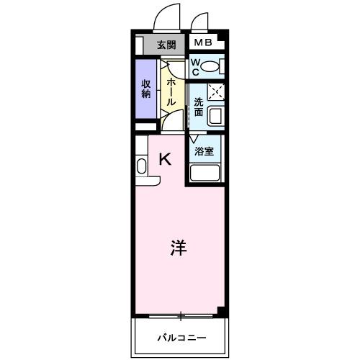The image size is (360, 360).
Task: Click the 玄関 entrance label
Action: (166, 45)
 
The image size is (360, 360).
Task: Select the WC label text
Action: (194, 67)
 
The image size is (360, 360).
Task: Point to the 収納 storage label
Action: (145, 89)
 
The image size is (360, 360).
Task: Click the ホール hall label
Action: (171, 91)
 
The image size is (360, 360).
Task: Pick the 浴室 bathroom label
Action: (205, 151)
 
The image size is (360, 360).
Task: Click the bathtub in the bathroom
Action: (205, 174)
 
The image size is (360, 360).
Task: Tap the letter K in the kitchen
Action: (165, 160)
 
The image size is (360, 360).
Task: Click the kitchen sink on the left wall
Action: (141, 166)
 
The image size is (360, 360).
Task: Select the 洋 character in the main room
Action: (179, 248)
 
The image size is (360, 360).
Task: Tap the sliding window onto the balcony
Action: (180, 315)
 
